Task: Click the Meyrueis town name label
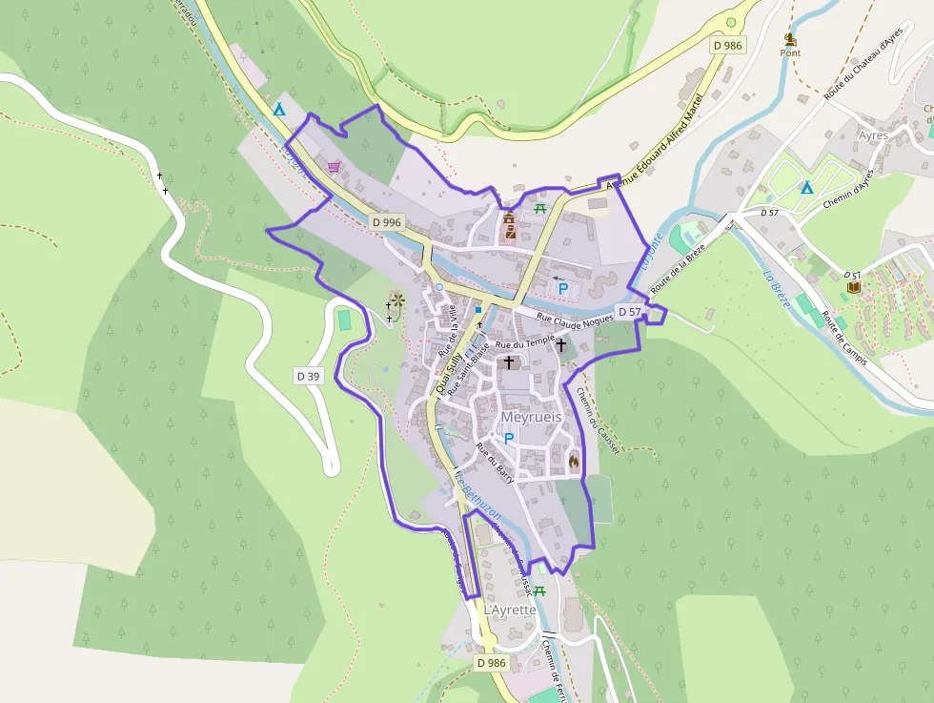point(531,418)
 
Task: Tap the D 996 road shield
point(387,222)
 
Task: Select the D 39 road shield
point(308,376)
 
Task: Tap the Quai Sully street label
point(448,373)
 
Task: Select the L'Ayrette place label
point(510,610)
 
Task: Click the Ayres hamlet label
point(872,135)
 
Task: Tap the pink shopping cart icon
point(334,167)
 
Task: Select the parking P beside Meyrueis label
point(508,439)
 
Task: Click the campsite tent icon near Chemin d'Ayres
point(806,188)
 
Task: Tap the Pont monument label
point(790,52)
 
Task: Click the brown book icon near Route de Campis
point(853,286)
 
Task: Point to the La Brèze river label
point(777,287)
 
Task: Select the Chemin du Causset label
point(597,420)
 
